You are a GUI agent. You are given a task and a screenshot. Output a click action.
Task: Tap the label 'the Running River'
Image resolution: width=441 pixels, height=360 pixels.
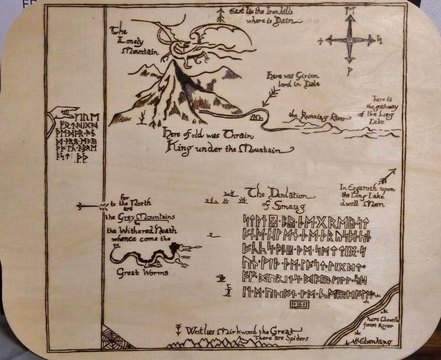coord(317,115)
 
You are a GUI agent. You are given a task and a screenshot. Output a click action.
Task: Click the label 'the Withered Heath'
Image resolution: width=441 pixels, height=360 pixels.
coord(140,229)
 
